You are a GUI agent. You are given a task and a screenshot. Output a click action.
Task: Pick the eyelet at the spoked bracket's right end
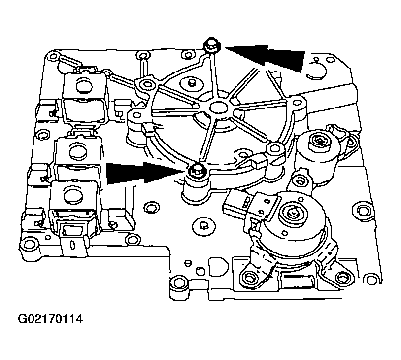(296, 104)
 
